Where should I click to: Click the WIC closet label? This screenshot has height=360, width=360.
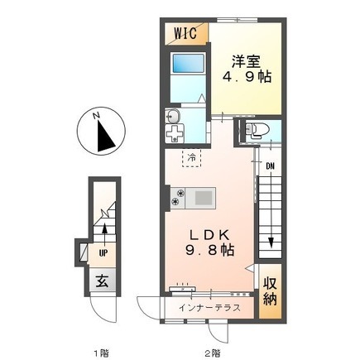click(x=185, y=33)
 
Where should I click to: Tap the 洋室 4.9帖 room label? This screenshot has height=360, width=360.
click(x=247, y=70)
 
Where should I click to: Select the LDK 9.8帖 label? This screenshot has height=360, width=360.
click(x=209, y=242)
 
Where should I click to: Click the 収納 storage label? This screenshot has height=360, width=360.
click(x=270, y=291)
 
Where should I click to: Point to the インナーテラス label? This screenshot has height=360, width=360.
click(x=209, y=307)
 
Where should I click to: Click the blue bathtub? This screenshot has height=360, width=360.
click(x=189, y=64)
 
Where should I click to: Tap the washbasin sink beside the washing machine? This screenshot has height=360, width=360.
click(x=172, y=117)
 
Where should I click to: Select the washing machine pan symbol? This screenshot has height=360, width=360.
click(x=175, y=133)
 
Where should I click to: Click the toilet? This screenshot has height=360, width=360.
click(x=257, y=131)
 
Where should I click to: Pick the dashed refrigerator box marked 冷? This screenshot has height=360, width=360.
click(x=191, y=158)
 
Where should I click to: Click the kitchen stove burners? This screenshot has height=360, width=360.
click(x=178, y=198)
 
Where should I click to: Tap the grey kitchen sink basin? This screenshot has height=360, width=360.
click(x=204, y=198)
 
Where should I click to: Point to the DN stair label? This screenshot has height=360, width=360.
click(x=271, y=166)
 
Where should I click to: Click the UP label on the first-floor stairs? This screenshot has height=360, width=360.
click(x=103, y=253)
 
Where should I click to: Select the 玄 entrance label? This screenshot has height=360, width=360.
click(x=102, y=281)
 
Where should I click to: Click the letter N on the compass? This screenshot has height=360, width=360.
click(x=96, y=116)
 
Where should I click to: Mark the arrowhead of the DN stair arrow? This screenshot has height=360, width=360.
click(x=271, y=242)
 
